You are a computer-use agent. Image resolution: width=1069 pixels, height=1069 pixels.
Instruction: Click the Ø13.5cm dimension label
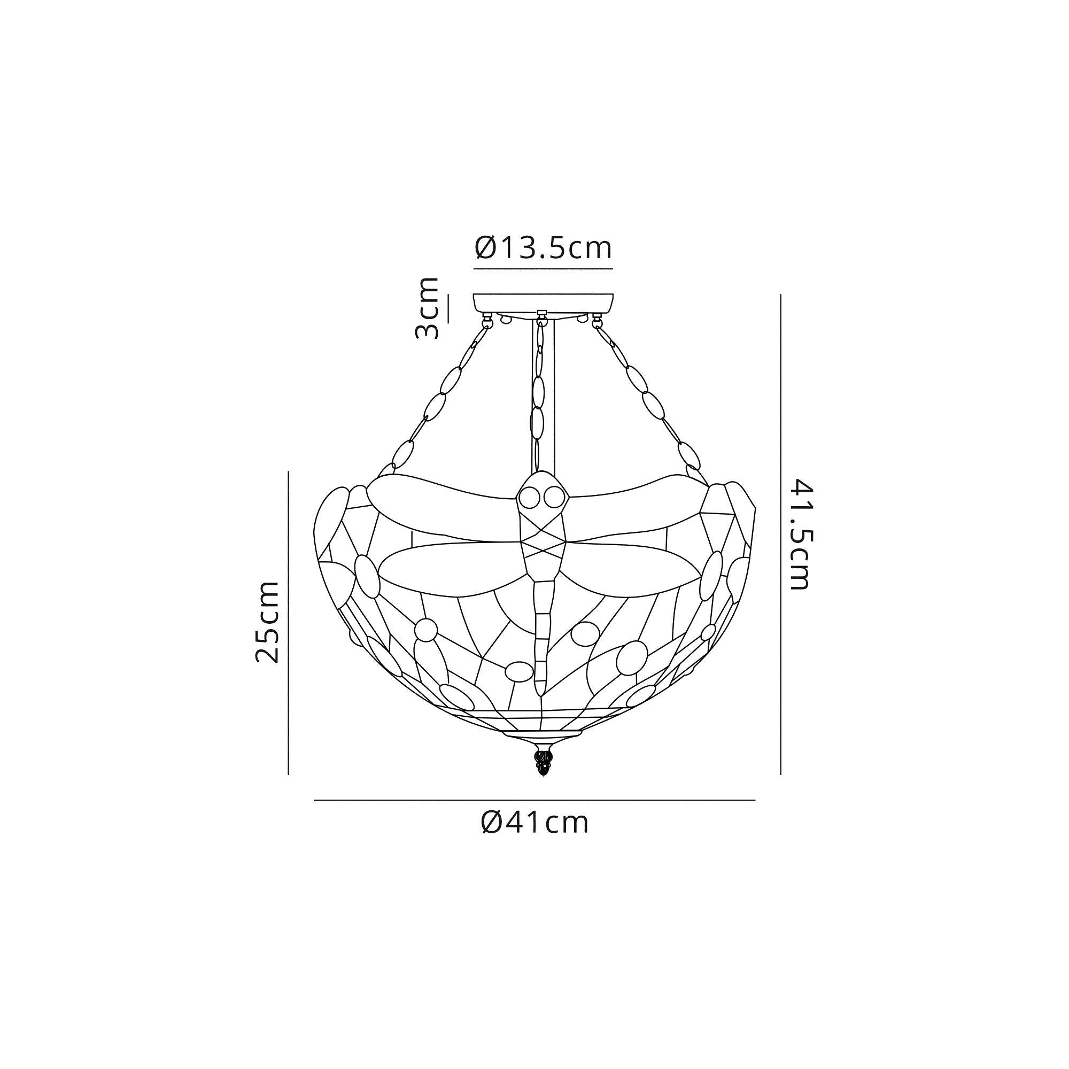[x=544, y=249]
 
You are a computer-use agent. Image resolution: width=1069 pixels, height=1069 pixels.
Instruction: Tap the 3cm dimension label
[x=427, y=308]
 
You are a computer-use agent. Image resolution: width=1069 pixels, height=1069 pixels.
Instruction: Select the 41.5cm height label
[x=801, y=534]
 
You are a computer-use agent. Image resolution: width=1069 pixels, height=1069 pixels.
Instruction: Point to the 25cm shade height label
[x=267, y=622]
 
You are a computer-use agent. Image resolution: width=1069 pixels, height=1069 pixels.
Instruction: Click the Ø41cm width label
[x=534, y=838]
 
